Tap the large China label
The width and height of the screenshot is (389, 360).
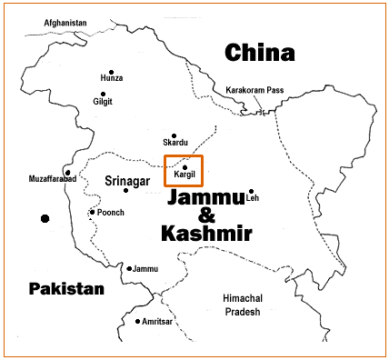(261, 52)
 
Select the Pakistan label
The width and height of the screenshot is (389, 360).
(65, 288)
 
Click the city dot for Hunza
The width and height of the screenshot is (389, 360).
(112, 73)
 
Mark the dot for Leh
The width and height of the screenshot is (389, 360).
(251, 192)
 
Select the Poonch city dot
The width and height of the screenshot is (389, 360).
(92, 213)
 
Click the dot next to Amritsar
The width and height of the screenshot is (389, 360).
(138, 322)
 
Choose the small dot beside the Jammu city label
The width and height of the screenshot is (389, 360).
(130, 269)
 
